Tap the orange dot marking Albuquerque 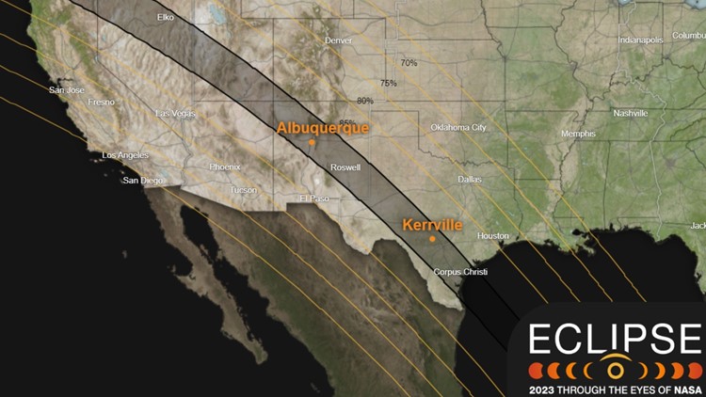tap(312, 143)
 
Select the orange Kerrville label tap(432, 226)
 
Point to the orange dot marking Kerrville tap(432, 239)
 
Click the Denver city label tap(338, 40)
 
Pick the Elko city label tap(166, 17)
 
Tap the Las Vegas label tap(176, 113)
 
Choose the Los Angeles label tap(126, 155)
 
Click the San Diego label tap(144, 180)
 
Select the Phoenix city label tap(225, 167)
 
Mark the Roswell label tap(345, 167)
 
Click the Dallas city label tap(469, 179)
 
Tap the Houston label tap(493, 235)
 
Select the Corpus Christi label tap(460, 272)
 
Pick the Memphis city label tap(578, 134)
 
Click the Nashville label tap(630, 113)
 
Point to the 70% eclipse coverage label tap(409, 63)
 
